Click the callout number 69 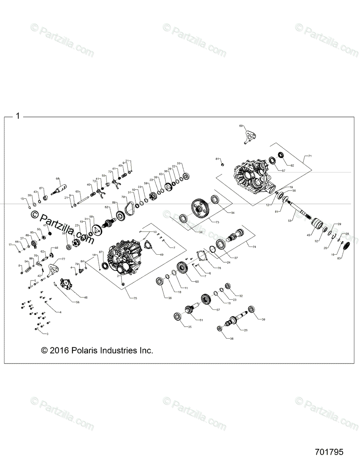click(241, 126)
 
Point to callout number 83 click(339, 258)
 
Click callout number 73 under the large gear click(218, 222)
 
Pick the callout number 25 click(246, 330)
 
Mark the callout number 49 click(161, 255)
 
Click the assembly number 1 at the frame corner click(17, 115)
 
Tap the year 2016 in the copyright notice click(59, 350)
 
